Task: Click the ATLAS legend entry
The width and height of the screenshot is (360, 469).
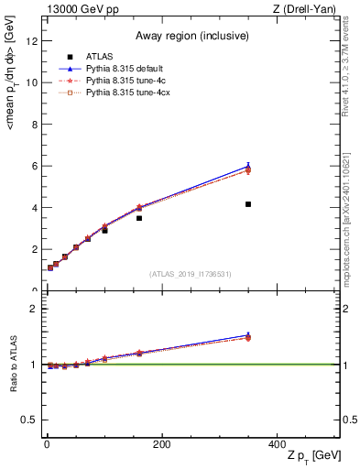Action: [x=97, y=56]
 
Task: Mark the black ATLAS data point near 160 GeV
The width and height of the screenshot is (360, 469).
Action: [x=139, y=218]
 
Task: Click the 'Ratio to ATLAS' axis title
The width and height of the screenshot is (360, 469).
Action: [x=14, y=365]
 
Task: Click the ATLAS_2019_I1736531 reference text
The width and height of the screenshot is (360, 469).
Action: [x=191, y=274]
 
